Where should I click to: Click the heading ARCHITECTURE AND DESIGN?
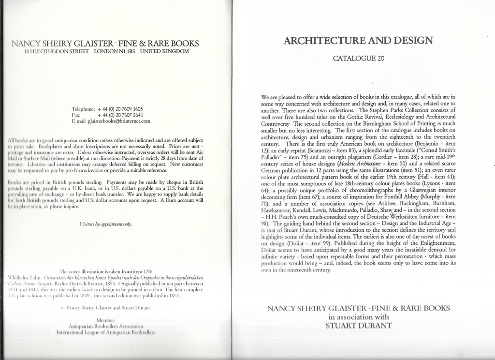(x=358, y=41)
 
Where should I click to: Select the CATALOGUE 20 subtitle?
(x=359, y=59)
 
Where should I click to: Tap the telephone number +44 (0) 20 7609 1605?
(x=120, y=109)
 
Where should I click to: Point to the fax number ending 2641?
(x=120, y=115)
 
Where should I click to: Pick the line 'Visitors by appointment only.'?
(x=105, y=224)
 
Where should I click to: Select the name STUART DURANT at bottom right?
(x=358, y=326)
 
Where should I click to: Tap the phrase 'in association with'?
(x=359, y=317)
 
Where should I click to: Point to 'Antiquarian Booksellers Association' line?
(x=105, y=326)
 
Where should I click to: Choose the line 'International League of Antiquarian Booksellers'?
(x=105, y=332)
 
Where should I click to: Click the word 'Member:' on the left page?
(x=105, y=320)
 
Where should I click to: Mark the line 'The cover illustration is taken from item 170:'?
(x=105, y=271)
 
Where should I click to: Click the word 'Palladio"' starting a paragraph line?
(x=273, y=144)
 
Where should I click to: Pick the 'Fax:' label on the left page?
(x=76, y=115)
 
